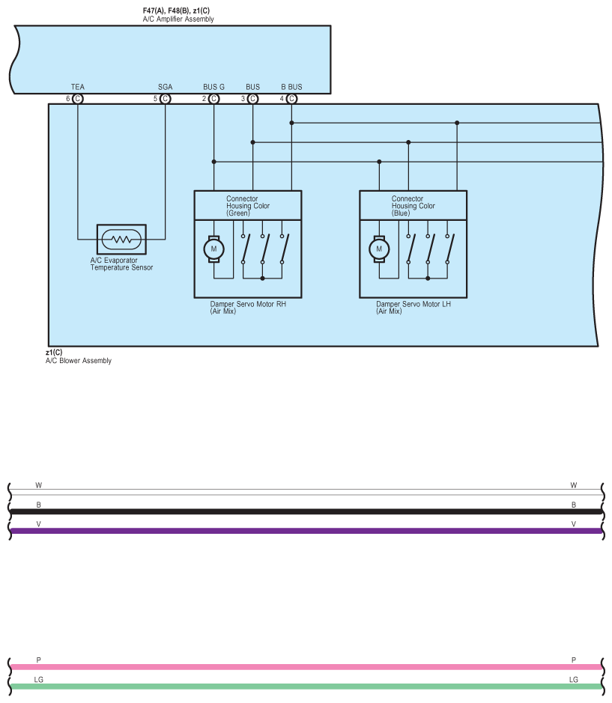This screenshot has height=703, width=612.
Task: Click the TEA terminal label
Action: tap(78, 87)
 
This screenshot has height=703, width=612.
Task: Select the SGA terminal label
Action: tap(166, 87)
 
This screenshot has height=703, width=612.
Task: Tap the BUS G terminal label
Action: tap(213, 87)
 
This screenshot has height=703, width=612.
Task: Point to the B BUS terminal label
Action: tap(291, 87)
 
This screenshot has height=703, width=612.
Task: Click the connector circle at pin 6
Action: tap(78, 98)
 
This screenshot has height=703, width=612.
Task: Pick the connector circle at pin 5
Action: tap(166, 98)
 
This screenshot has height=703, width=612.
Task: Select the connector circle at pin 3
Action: tap(252, 98)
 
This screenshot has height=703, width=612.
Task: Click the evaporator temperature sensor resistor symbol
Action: tap(121, 240)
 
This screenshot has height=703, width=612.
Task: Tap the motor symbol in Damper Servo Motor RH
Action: tap(213, 249)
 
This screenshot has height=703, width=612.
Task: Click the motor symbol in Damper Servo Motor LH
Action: tap(379, 249)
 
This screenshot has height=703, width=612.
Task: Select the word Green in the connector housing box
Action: tap(238, 213)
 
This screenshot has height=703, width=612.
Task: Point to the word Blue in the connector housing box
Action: tap(402, 213)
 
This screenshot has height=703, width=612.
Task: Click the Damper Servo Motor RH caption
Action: tap(249, 305)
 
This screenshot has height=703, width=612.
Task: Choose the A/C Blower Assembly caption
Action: tap(79, 361)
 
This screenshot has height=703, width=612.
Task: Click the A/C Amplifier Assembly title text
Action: tap(178, 19)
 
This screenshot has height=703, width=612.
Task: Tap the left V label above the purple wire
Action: tap(38, 524)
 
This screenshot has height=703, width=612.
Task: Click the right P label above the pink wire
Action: tap(574, 660)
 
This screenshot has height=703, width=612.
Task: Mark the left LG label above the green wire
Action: tap(40, 680)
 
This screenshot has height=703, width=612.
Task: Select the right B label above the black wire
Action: tap(574, 505)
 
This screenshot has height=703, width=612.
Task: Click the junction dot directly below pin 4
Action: tap(291, 123)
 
